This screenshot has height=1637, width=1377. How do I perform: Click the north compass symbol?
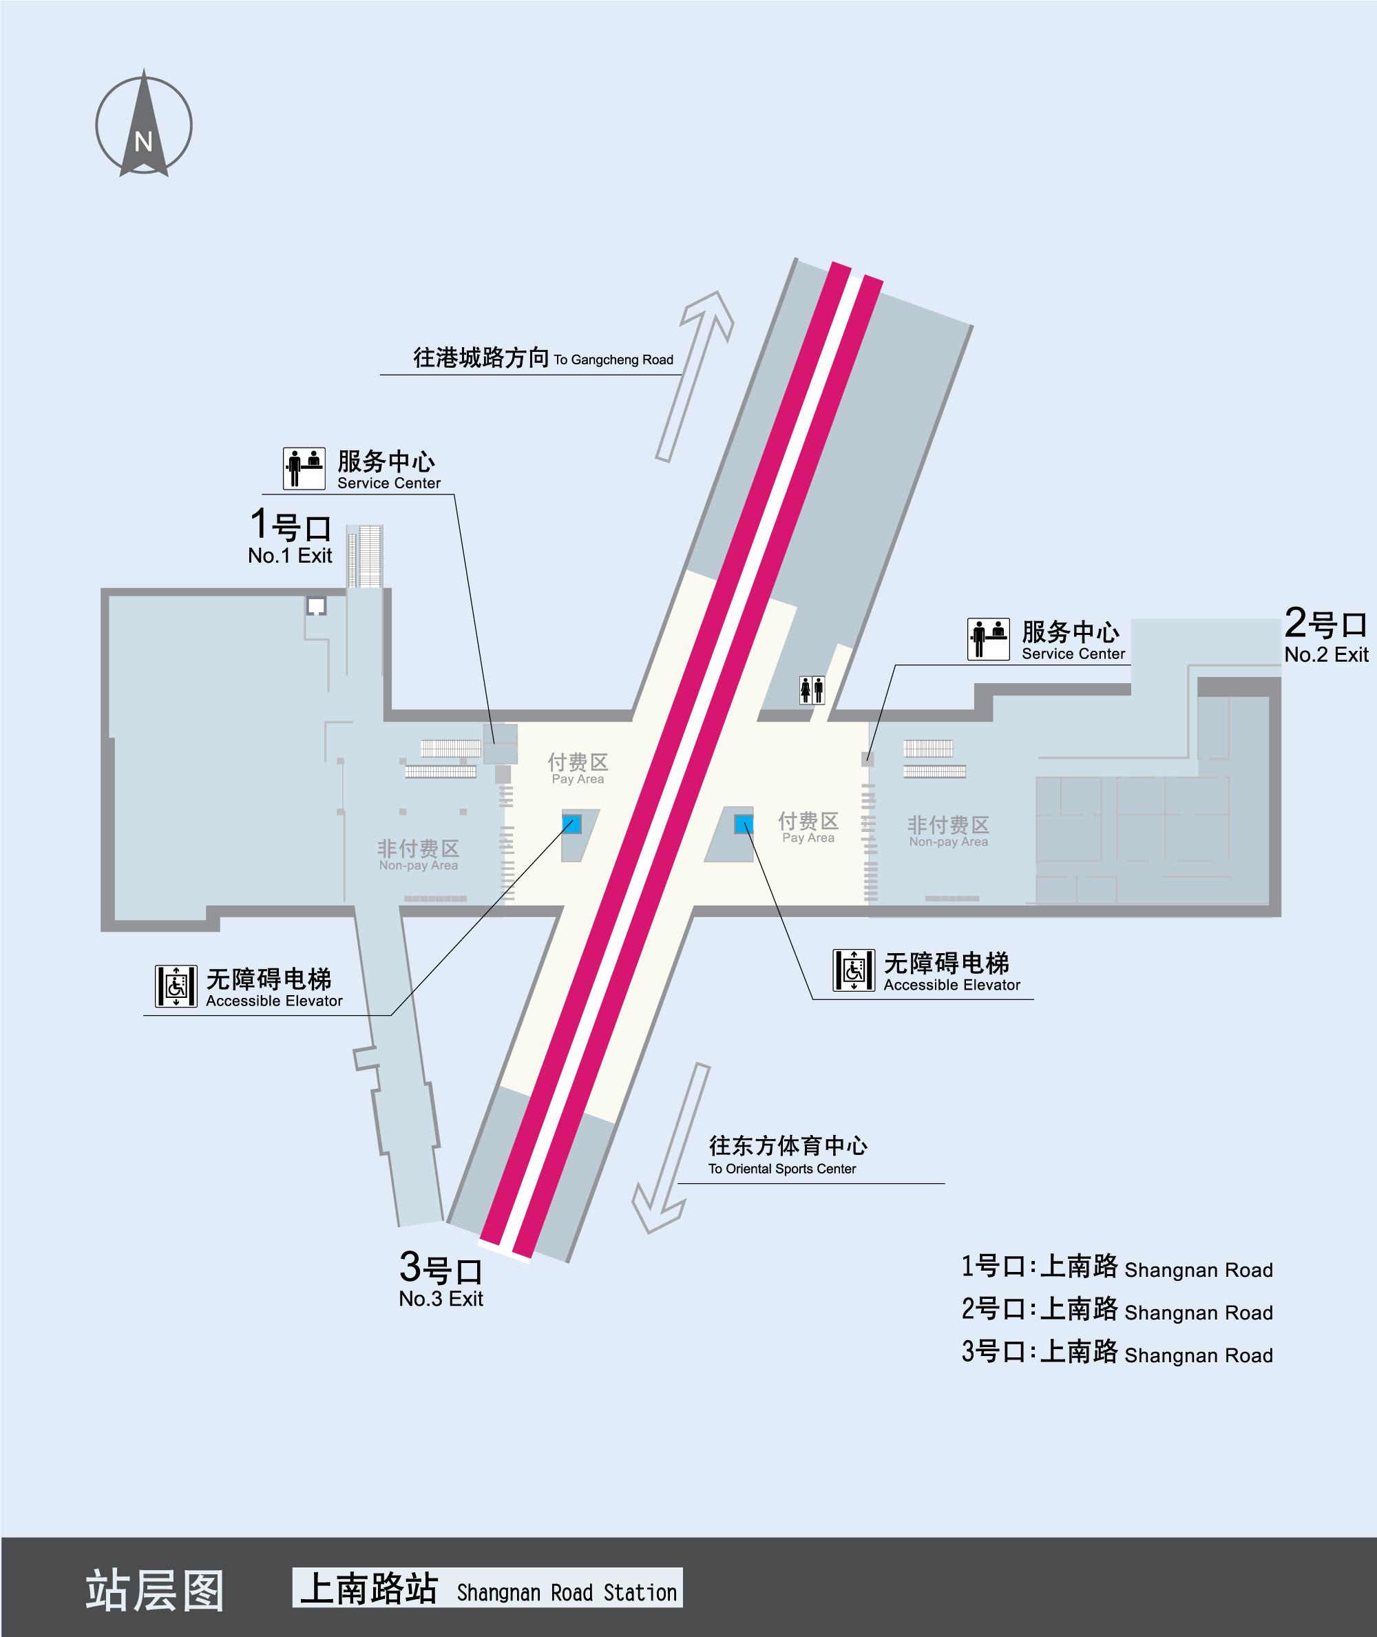144,125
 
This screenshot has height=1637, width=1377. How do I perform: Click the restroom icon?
812,690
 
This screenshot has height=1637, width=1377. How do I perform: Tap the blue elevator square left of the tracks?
572,824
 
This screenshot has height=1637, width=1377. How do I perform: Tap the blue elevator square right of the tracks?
744,824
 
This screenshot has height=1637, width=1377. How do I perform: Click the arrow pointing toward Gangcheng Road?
695,375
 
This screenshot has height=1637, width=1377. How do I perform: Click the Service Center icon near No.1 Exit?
304,468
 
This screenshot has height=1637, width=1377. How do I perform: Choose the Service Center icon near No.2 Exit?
988,639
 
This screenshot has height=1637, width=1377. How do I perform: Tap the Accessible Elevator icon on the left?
176,986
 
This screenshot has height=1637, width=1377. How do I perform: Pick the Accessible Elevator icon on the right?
853,970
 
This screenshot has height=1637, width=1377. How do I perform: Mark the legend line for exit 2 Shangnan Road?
1116,1309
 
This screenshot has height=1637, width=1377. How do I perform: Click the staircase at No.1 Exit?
366,556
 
